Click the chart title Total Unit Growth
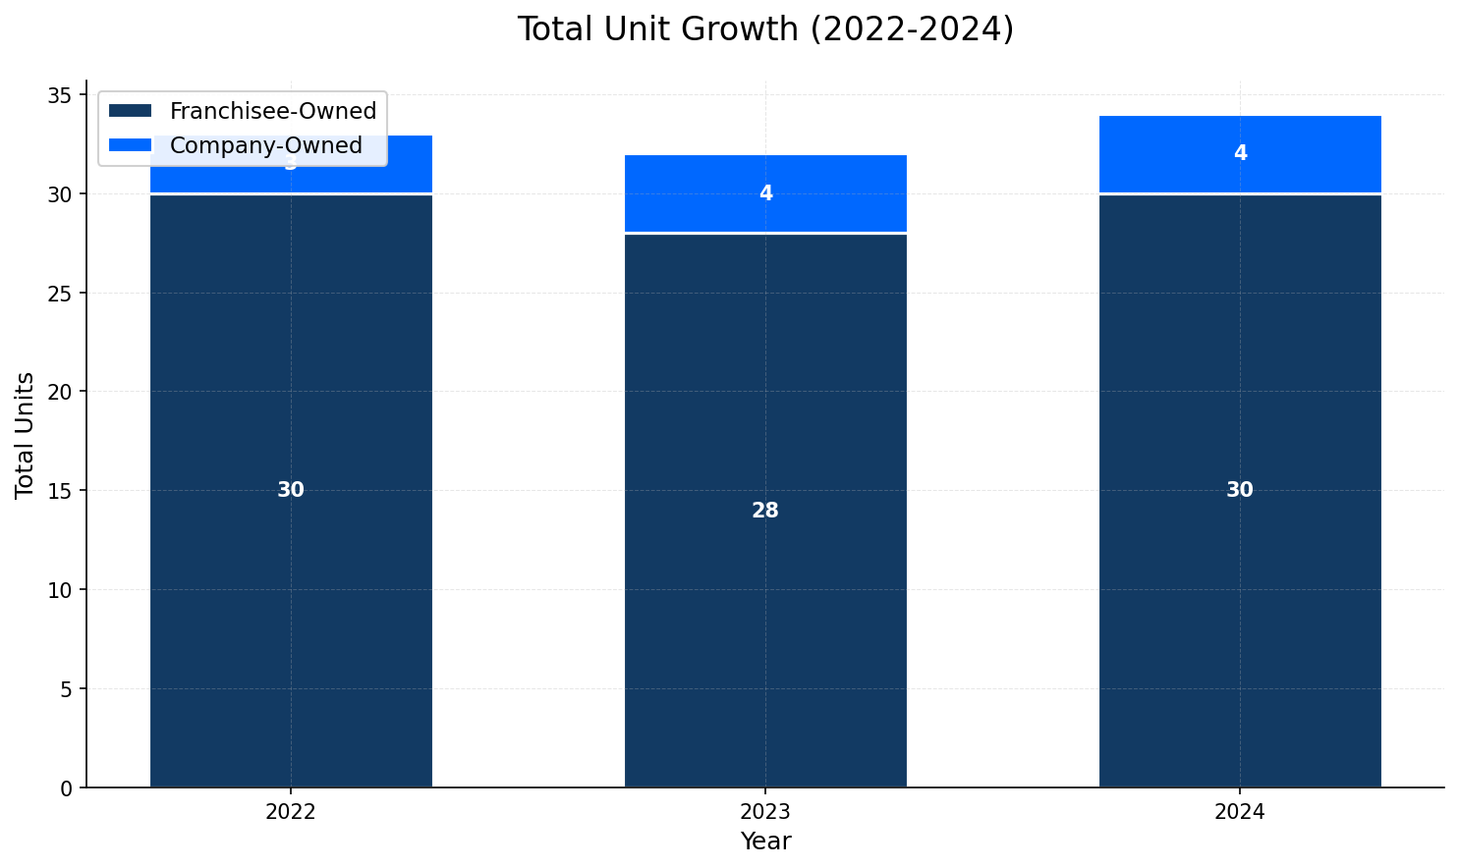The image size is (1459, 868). coord(764,29)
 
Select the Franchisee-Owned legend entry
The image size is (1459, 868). coord(272,111)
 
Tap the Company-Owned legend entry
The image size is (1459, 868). coord(265,145)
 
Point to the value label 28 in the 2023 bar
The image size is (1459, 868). coord(765,511)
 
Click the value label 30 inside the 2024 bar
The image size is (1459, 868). coord(1240,490)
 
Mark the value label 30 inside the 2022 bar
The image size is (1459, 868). coord(291,490)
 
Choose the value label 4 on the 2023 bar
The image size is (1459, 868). coord(765,193)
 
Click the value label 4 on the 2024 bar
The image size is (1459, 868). coord(1240,153)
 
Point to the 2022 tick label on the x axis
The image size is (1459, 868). coord(291,812)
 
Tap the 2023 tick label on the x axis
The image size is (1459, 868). coord(765,812)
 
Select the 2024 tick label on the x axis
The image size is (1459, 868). coord(1240,812)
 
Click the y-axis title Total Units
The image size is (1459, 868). coord(25,434)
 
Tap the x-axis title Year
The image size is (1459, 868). coord(765,841)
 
